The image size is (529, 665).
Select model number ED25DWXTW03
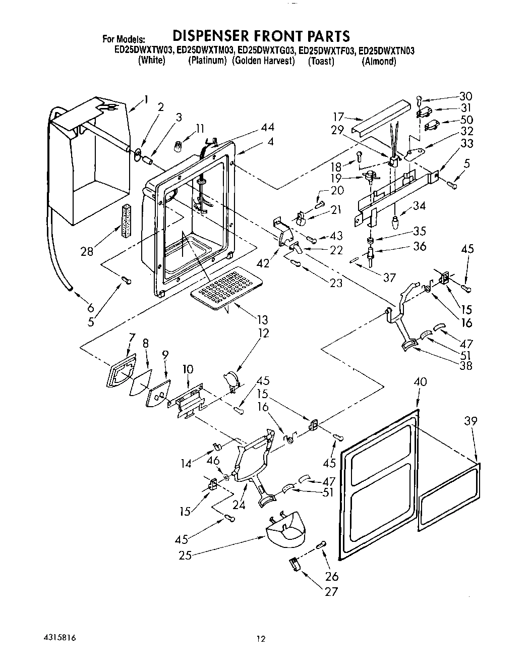(x=145, y=50)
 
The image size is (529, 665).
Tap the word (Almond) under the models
(x=379, y=62)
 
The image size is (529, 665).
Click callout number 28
(x=87, y=251)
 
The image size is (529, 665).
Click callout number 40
(x=420, y=382)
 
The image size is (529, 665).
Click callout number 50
(x=466, y=120)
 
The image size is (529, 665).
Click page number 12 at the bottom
(x=260, y=639)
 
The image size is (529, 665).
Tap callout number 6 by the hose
(x=91, y=307)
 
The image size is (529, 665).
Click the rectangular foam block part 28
(x=126, y=220)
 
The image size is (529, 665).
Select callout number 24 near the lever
(x=239, y=505)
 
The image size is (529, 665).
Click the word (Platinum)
(x=207, y=61)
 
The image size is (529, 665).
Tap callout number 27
(x=331, y=591)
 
